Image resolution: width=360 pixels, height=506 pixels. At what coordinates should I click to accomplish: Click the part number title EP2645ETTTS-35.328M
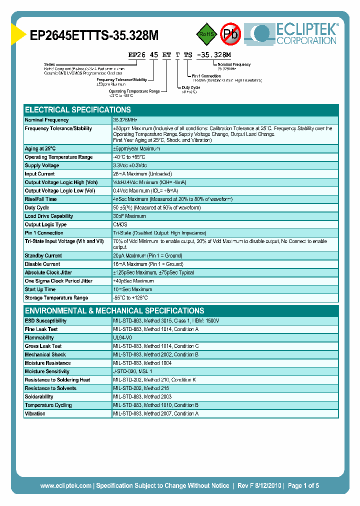[x=94, y=35]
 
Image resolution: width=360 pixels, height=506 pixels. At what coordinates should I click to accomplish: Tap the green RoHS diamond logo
[x=205, y=34]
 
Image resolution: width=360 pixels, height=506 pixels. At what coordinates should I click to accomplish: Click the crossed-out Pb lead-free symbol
[x=230, y=34]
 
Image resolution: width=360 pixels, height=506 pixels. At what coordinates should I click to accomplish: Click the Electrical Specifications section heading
[x=78, y=110]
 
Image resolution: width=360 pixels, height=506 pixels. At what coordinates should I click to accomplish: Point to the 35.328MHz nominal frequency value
[x=125, y=120]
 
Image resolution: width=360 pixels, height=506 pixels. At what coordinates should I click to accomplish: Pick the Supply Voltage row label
[x=42, y=165]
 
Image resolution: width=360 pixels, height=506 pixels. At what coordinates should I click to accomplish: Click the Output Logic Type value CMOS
[x=120, y=224]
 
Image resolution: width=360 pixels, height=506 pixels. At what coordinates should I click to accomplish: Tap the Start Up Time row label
[x=40, y=289]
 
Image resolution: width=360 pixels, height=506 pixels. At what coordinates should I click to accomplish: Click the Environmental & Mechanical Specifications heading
[x=114, y=310]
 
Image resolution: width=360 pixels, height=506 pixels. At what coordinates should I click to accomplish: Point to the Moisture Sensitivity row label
[x=47, y=371]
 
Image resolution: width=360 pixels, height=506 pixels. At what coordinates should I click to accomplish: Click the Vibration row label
[x=35, y=414]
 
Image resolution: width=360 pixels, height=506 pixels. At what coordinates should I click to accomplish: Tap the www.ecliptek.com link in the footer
[x=65, y=485]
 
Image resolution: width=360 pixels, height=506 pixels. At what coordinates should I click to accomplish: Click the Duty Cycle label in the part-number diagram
[x=191, y=87]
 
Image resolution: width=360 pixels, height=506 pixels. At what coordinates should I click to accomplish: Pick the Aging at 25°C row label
[x=40, y=149]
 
